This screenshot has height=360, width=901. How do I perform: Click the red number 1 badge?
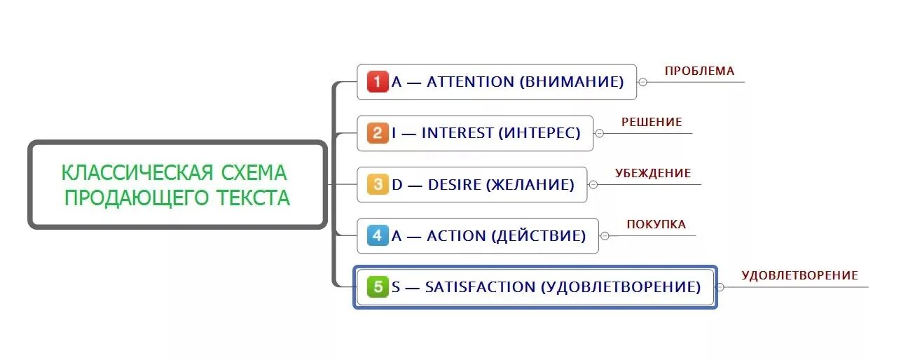377,82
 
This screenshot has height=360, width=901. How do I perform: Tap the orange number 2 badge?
377,133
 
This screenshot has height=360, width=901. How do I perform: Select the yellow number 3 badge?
377,185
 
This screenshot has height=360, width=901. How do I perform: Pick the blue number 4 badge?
377,236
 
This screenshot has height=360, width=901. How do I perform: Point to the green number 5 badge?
377,287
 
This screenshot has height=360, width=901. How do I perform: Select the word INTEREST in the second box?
457,133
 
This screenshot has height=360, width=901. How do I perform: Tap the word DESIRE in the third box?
454,185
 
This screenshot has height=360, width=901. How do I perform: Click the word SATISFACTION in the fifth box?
480,287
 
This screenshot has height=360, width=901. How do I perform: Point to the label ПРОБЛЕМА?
699,71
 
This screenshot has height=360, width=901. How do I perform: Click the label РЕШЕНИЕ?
652,122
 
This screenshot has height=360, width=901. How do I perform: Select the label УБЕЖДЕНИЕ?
653,173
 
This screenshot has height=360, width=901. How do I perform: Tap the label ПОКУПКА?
656,224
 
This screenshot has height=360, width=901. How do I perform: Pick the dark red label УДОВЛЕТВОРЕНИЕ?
799,275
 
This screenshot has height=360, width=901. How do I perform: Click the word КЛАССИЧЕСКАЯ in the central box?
136,172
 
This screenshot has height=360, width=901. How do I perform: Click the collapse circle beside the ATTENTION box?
642,82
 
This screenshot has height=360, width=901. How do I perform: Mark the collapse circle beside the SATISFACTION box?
720,287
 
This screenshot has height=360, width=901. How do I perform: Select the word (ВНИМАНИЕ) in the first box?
572,82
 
